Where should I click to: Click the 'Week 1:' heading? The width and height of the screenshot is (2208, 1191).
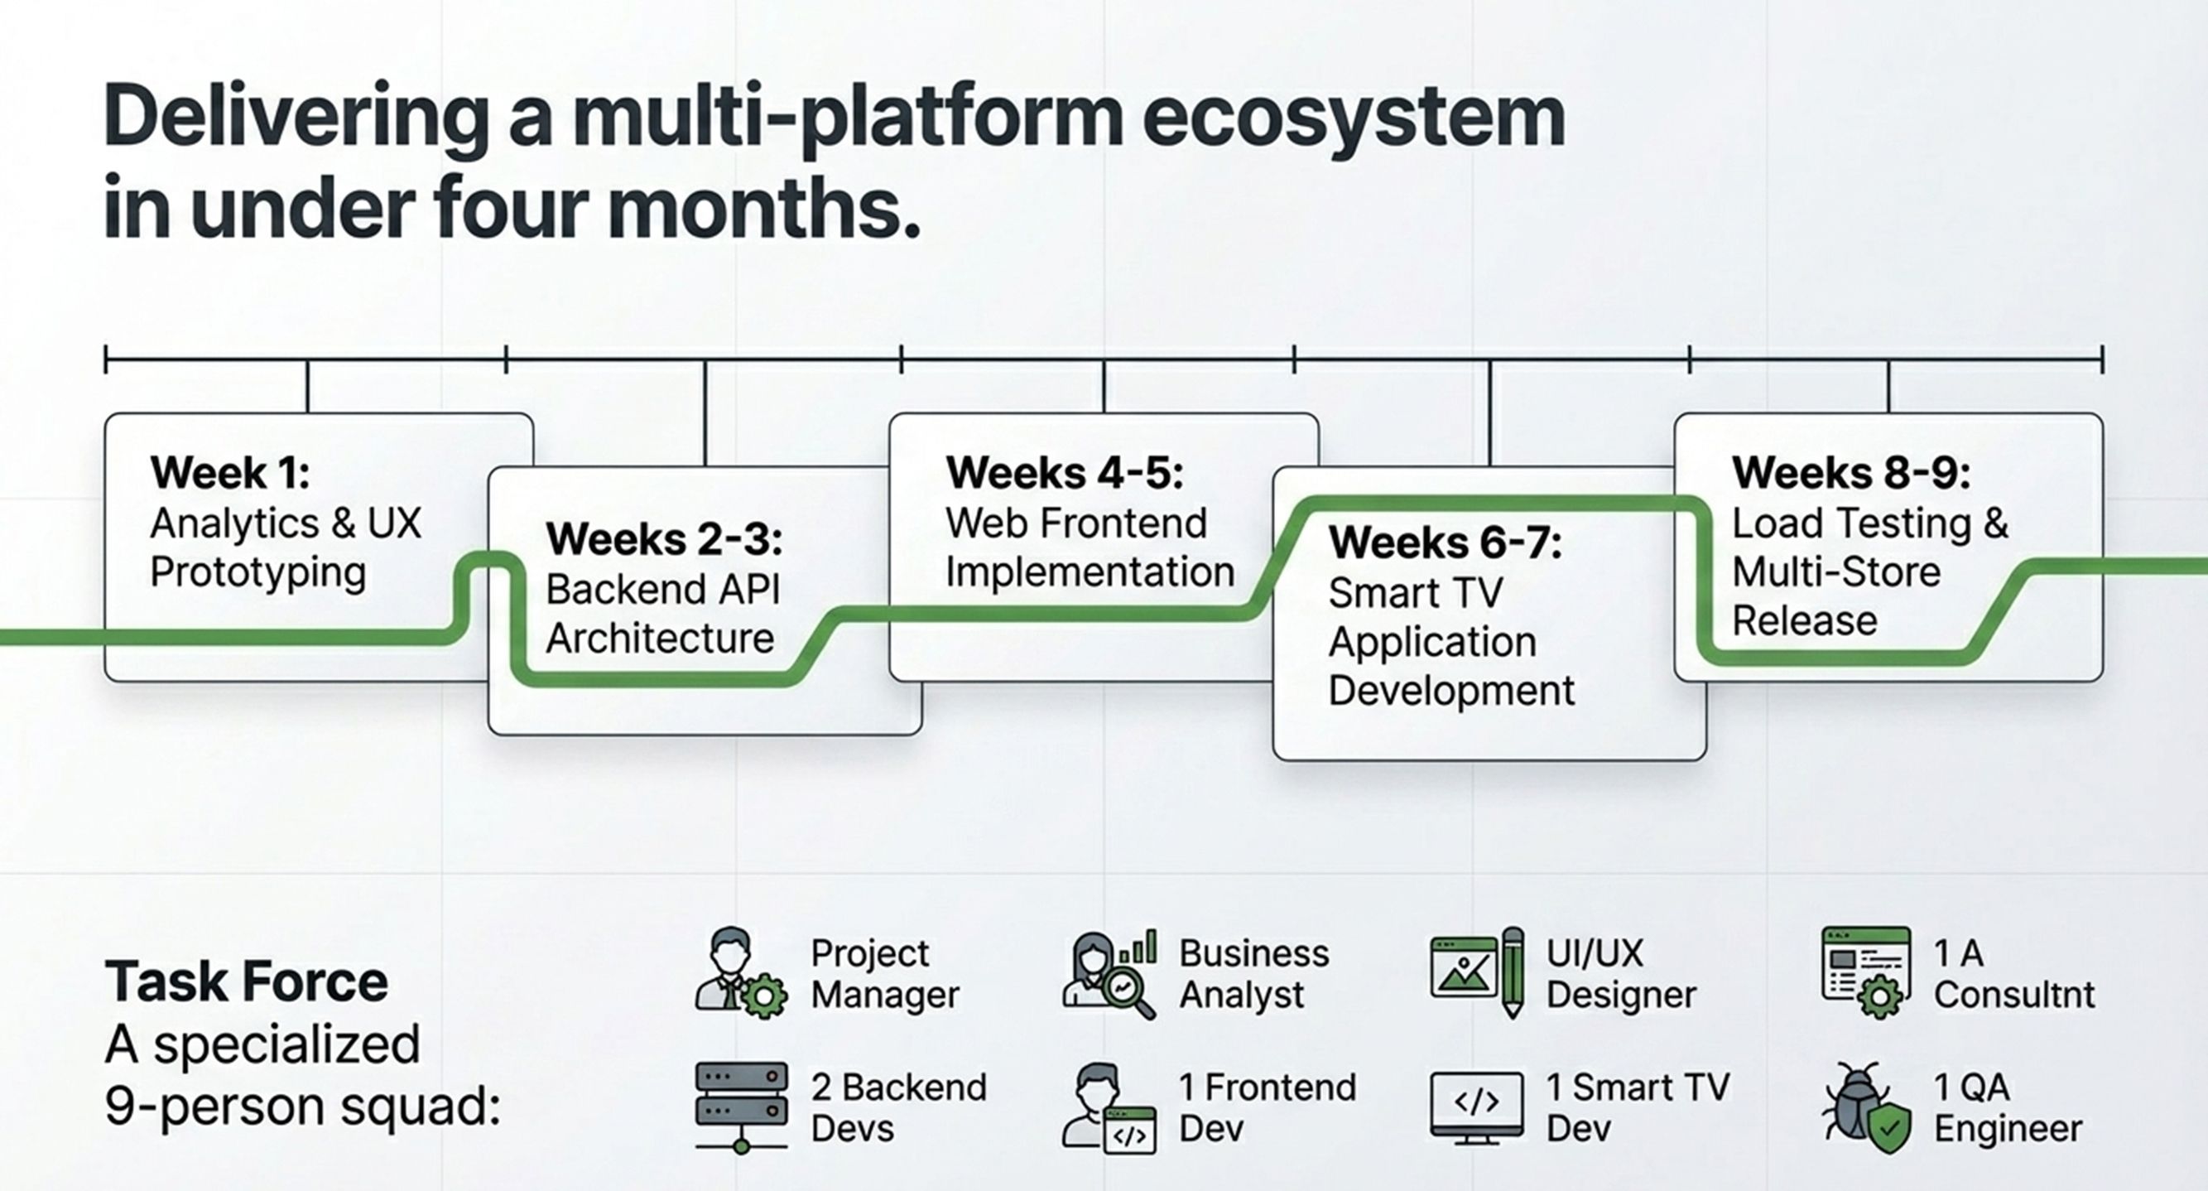coord(229,472)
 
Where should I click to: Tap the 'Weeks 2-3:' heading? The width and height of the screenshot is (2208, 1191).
coord(664,539)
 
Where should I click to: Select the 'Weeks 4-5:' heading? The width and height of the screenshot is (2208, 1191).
coord(1065,472)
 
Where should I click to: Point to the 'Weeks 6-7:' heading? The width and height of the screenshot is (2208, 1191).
coord(1446,542)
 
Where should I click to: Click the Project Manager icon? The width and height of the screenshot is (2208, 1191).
coord(739,972)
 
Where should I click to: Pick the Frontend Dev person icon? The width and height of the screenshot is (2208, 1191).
coord(1109,1108)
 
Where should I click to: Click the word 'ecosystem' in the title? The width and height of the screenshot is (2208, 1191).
coord(1354,118)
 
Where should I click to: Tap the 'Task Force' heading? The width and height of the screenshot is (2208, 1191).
coord(247,981)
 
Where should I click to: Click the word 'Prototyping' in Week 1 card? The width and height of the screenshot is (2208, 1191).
coord(258,573)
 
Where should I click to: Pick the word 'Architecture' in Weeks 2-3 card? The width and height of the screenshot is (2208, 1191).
coord(660,639)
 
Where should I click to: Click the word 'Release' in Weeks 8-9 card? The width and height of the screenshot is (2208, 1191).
coord(1804,621)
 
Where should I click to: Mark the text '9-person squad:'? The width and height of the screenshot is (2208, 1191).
coord(302,1107)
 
